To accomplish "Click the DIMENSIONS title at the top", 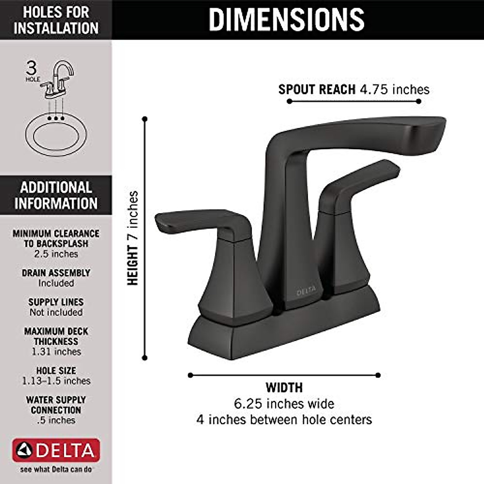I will tap(286, 19).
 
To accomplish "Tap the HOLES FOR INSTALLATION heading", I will tap(56, 20).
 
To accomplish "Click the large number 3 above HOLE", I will tap(31, 68).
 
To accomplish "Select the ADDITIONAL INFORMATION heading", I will tap(56, 195).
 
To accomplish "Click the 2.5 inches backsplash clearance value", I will tap(56, 254).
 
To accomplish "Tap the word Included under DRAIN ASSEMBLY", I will tap(56, 283).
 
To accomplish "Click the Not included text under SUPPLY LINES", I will tap(56, 312).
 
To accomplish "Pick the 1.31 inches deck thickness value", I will tap(56, 352).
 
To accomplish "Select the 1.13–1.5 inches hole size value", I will tap(56, 381).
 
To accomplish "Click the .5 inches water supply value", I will tap(56, 420).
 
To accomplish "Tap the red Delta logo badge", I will tap(56, 450).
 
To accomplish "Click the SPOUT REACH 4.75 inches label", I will tap(354, 89).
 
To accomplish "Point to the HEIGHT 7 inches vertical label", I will tap(133, 238).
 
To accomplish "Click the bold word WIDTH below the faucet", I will tap(284, 388).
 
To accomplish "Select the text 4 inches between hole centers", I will tap(284, 419).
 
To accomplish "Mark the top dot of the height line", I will tap(145, 119).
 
